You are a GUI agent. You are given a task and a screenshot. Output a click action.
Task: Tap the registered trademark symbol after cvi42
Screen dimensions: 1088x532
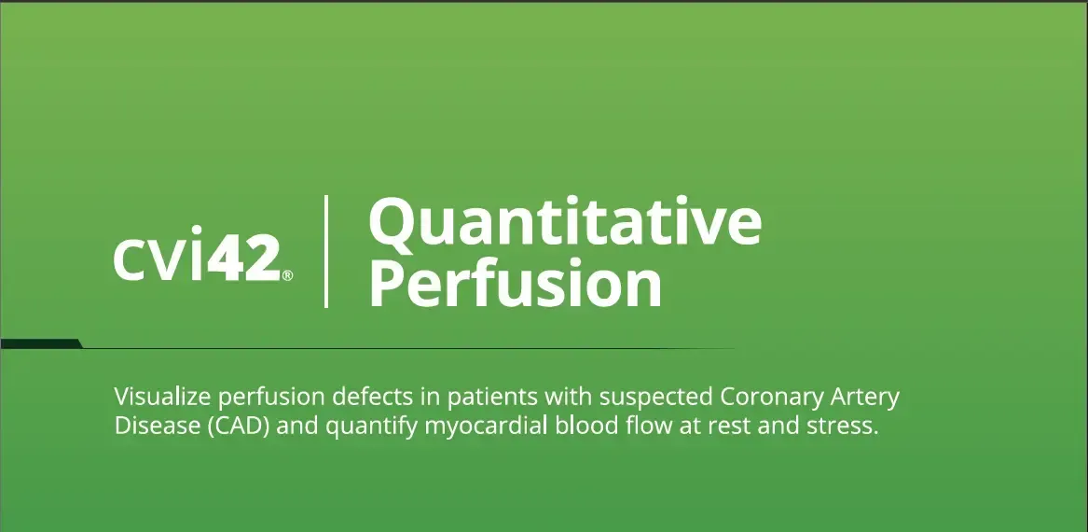287,275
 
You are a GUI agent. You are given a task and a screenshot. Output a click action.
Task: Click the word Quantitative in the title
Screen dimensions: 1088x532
565,220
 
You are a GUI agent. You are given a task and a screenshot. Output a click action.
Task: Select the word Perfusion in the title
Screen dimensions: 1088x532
515,283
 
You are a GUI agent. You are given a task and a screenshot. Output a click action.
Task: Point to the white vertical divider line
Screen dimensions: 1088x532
326,251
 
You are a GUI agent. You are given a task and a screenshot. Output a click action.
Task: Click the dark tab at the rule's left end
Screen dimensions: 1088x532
41,343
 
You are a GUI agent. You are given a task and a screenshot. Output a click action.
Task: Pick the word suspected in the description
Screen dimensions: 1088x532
656,399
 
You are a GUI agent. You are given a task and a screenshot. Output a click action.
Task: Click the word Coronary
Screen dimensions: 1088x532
772,399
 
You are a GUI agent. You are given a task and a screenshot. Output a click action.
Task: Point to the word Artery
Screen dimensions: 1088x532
865,399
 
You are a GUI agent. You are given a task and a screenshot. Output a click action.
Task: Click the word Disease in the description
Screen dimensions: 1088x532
157,426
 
